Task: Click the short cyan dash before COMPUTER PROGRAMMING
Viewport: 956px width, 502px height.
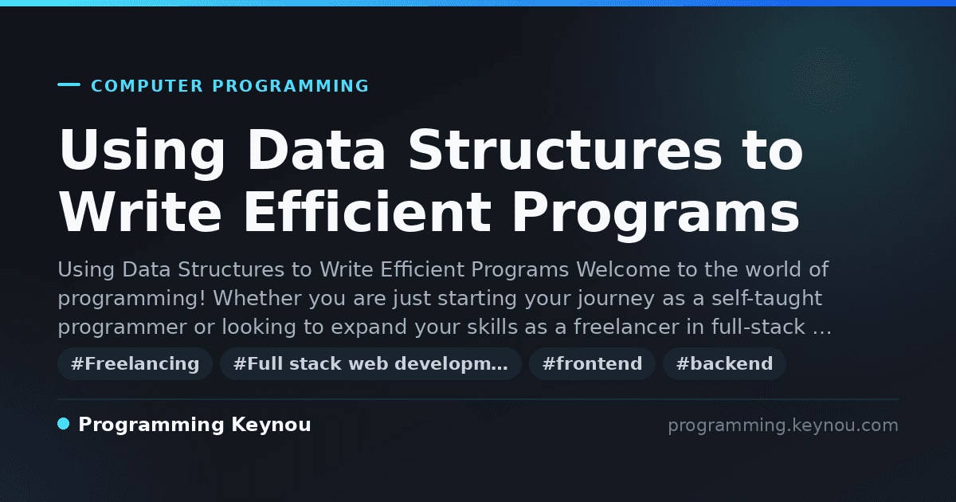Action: pos(69,84)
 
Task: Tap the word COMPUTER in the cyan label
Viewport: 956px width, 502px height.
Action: pos(147,86)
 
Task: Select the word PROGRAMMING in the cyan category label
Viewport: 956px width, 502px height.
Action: pos(290,86)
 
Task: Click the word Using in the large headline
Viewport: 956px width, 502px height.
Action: pos(142,151)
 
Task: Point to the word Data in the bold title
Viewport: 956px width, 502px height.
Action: pos(316,150)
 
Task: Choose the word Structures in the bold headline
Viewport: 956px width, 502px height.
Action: pos(565,150)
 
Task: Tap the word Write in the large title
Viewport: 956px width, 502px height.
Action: pos(140,211)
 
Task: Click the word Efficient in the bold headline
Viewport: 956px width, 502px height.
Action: pos(367,211)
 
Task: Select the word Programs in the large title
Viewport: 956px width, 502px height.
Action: pos(656,215)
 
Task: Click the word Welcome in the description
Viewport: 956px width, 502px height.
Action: pos(623,270)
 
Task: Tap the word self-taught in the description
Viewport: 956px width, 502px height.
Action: pos(767,298)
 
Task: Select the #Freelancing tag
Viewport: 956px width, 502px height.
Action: pos(135,363)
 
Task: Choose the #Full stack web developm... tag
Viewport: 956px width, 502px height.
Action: pos(370,363)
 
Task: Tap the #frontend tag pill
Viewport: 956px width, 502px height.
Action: pos(592,363)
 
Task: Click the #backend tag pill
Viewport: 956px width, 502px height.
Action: pos(724,363)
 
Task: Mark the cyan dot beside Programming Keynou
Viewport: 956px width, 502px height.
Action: pos(63,424)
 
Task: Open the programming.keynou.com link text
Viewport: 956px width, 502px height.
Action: pos(783,426)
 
